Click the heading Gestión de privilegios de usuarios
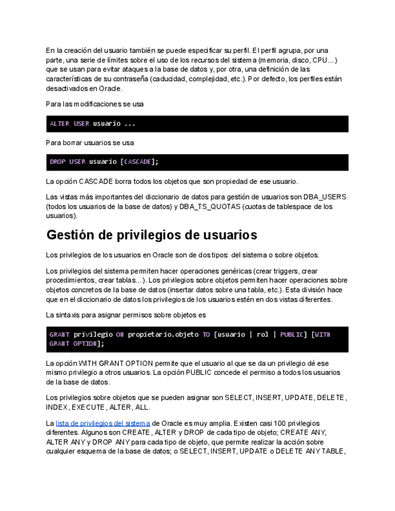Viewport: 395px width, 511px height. pos(151,235)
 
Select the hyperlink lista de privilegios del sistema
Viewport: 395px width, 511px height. pos(103,424)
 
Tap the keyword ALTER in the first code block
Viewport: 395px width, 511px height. pos(59,124)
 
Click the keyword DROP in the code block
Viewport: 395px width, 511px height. pos(58,162)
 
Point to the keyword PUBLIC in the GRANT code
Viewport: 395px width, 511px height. pos(291,334)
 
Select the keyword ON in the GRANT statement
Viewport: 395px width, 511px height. pos(119,334)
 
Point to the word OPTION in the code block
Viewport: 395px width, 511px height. pos(84,343)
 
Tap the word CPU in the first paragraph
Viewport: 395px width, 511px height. pos(320,60)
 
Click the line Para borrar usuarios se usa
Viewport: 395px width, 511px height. pos(90,143)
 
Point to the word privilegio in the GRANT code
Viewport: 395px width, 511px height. pos(93,334)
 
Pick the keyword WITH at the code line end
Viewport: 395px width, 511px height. pos(323,334)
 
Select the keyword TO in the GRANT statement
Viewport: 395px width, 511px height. pos(206,334)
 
